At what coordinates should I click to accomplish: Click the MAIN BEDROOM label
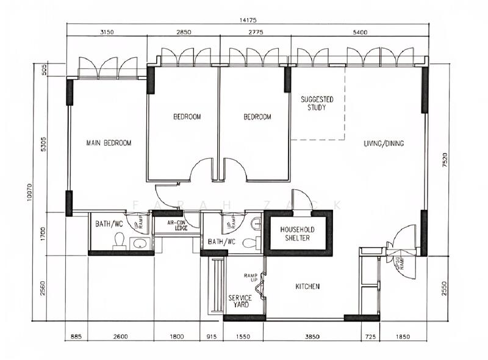(109, 143)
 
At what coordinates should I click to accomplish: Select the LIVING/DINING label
(384, 143)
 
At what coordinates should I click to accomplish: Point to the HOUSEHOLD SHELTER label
(295, 233)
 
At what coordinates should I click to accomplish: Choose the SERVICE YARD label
(240, 301)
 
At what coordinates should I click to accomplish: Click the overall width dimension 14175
(246, 20)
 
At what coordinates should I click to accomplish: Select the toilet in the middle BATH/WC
(249, 243)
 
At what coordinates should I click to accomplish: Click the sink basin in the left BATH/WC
(140, 244)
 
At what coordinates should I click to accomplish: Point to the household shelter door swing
(301, 199)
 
